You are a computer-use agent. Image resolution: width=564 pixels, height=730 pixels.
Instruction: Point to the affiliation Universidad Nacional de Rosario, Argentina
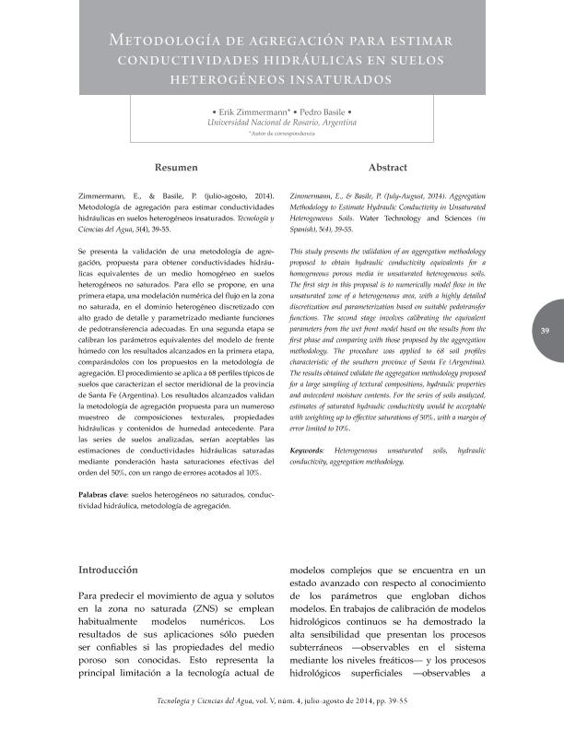pyautogui.click(x=282, y=122)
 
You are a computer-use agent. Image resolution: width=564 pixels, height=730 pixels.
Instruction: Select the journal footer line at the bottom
pyautogui.click(x=282, y=701)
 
